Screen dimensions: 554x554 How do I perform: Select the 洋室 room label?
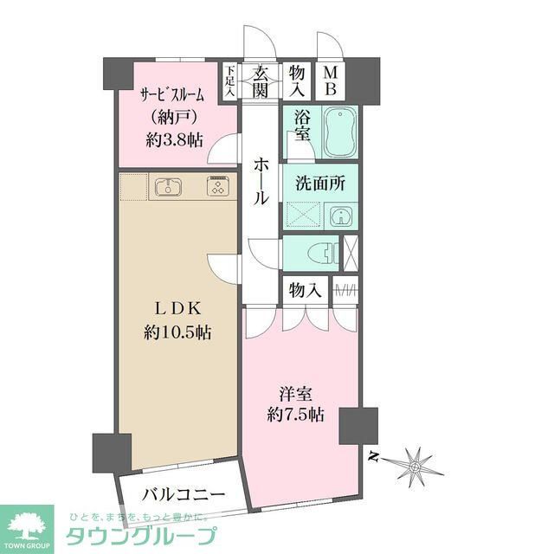pyautogui.click(x=296, y=391)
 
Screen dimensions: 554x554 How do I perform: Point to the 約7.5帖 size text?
pyautogui.click(x=296, y=414)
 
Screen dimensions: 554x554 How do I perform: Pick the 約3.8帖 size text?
pyautogui.click(x=174, y=139)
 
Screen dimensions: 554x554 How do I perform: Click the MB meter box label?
pyautogui.click(x=331, y=81)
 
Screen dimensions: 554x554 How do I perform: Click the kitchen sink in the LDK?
pyautogui.click(x=167, y=187)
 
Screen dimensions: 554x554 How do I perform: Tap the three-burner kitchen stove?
pyautogui.click(x=216, y=187)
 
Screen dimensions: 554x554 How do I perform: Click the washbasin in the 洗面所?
pyautogui.click(x=340, y=215)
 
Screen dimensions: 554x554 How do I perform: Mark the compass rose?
pyautogui.click(x=415, y=465)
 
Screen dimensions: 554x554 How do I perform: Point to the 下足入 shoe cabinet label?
pyautogui.click(x=231, y=81)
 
